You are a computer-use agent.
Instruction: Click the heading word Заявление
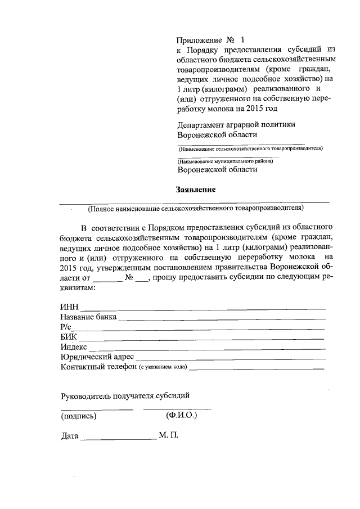pos(196,190)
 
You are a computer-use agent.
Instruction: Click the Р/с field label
pos(66,327)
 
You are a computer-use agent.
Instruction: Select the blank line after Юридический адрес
pos(231,358)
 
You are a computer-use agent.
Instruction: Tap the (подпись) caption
pos(79,416)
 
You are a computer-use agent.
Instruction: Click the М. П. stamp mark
pos(169,436)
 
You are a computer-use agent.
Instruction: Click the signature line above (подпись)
pos(97,409)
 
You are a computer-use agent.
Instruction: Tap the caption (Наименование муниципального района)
pos(226,161)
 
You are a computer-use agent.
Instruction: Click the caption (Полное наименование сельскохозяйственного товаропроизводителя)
pos(195,209)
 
